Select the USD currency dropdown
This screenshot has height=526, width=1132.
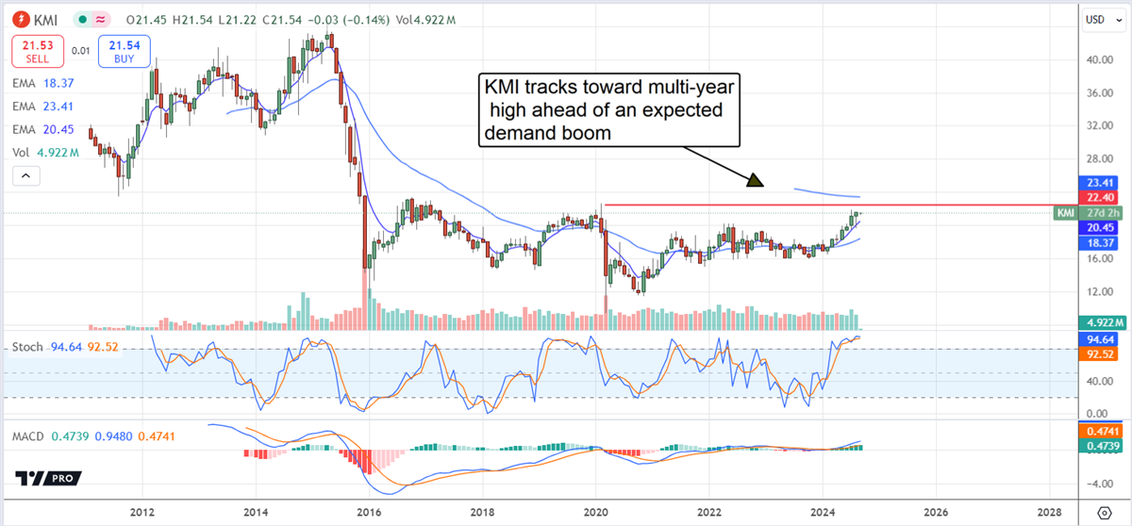pos(1095,18)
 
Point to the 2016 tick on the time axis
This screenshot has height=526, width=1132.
pos(369,512)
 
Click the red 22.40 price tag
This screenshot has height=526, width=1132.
pos(1094,197)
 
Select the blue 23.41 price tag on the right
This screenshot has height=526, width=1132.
pos(1094,183)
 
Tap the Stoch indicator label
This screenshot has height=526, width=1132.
pos(27,347)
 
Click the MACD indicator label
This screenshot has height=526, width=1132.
pos(30,436)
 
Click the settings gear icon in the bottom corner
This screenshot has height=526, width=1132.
pos(1105,512)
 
